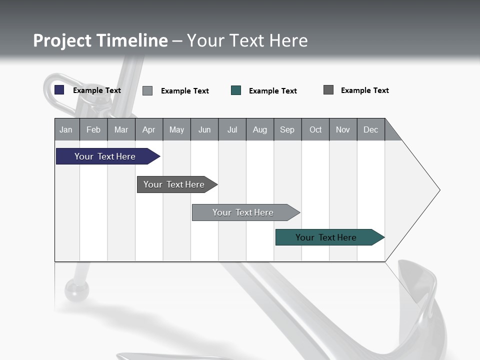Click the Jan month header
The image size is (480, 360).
click(x=66, y=130)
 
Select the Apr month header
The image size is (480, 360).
click(x=148, y=130)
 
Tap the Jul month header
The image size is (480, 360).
click(x=232, y=130)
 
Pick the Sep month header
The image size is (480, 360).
click(x=287, y=130)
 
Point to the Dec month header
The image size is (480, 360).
click(x=370, y=130)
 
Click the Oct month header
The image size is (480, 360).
click(x=315, y=130)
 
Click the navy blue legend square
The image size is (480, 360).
click(x=59, y=90)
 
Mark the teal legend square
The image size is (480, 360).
click(x=236, y=90)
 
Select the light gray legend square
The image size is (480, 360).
click(x=147, y=90)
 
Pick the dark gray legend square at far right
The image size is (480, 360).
click(x=328, y=90)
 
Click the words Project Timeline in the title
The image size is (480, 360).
click(x=100, y=40)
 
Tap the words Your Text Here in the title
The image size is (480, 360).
click(x=247, y=40)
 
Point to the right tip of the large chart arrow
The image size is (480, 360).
click(x=438, y=190)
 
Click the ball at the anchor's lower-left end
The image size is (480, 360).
click(x=76, y=289)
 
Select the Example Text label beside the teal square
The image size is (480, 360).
click(x=273, y=91)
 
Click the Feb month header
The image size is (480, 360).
click(x=93, y=130)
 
